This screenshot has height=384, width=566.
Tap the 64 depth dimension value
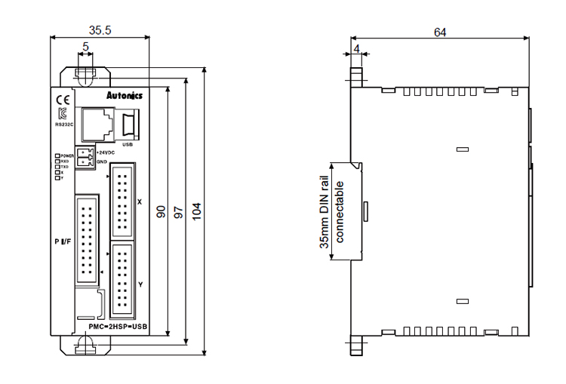coord(440,32)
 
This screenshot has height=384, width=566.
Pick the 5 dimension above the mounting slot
coord(86,47)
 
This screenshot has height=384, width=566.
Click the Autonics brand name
coord(124,96)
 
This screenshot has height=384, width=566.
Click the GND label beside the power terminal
coord(101,161)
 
